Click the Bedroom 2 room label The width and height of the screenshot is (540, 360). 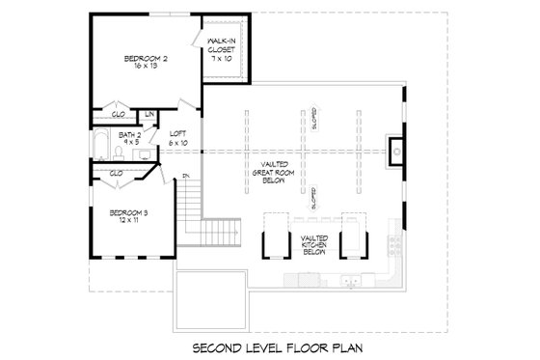(146, 64)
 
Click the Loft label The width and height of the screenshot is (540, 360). (178, 138)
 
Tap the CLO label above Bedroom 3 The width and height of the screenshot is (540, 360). (116, 173)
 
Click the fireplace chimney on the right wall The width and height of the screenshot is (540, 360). (394, 150)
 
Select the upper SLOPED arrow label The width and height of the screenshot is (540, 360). (314, 118)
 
